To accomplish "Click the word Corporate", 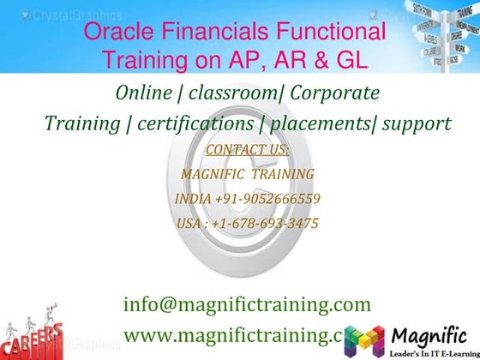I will (x=334, y=93).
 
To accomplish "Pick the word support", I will (x=417, y=123).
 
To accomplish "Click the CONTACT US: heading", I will (x=248, y=150).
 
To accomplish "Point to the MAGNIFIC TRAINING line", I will (x=248, y=174).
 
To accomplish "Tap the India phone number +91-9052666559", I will (x=248, y=199).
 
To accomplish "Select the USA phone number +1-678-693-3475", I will (x=248, y=223).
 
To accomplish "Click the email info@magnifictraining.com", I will (x=248, y=303).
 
